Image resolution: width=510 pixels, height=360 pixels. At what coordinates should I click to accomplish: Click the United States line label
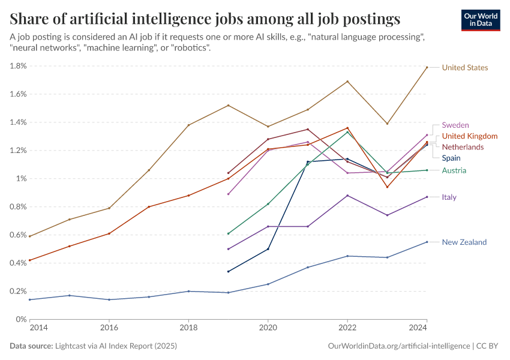point(464,68)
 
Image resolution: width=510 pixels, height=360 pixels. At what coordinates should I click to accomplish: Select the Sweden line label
point(455,125)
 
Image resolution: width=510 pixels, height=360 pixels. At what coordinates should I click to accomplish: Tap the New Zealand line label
point(464,242)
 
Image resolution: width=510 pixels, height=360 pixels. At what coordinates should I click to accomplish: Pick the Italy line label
point(449,197)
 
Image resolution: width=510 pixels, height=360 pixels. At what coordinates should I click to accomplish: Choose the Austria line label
point(454,170)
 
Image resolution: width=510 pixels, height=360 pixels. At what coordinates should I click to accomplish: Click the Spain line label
point(451,158)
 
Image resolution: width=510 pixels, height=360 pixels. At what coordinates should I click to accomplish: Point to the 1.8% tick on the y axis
point(18,66)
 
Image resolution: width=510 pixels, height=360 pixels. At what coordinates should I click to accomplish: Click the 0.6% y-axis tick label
point(18,235)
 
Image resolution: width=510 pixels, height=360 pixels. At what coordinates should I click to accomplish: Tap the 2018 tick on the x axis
point(188,328)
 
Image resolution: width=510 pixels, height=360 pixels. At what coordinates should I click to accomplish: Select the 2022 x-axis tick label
point(347,328)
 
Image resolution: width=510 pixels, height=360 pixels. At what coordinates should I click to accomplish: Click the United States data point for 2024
point(427,67)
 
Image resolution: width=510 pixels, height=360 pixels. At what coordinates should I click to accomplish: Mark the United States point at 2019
point(228,106)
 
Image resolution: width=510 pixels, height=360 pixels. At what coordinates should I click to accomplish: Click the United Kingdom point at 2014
point(29,260)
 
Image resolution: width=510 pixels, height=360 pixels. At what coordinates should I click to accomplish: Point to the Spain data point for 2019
point(228,271)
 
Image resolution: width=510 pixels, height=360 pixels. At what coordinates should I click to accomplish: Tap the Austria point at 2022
point(347,132)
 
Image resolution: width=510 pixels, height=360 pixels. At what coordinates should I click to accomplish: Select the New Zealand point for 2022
point(347,256)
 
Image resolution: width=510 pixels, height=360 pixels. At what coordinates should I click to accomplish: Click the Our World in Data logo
point(480,20)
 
